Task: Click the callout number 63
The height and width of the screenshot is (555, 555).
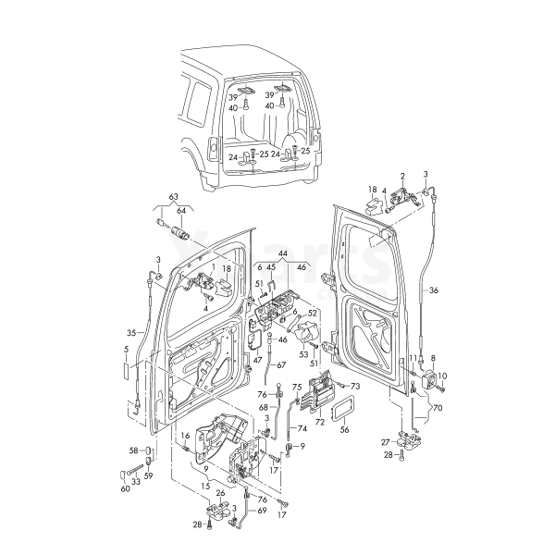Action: (x=172, y=197)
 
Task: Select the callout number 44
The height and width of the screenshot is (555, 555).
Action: (x=282, y=253)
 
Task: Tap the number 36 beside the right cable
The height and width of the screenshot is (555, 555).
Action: (x=434, y=290)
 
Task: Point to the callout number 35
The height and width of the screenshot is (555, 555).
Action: (x=130, y=332)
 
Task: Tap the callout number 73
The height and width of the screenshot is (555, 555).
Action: (x=355, y=386)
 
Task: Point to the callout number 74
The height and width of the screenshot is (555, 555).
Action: (x=302, y=430)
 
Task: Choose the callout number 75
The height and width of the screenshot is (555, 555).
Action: (x=297, y=386)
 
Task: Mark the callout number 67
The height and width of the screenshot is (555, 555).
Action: (x=281, y=365)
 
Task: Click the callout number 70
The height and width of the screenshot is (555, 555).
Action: (x=438, y=407)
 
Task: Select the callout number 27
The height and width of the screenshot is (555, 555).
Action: (x=385, y=443)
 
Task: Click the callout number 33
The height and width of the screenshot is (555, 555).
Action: (x=135, y=481)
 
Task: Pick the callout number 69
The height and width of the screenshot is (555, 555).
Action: (x=261, y=511)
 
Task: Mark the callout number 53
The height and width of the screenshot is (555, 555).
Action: (x=303, y=353)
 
